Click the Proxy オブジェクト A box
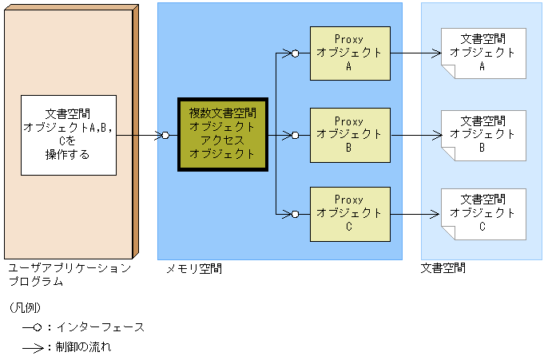pos(349,53)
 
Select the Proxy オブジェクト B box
pos(349,134)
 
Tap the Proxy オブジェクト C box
pos(349,213)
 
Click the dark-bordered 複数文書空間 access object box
pos(222,134)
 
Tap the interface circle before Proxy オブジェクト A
pos(295,54)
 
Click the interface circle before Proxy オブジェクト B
pos(295,135)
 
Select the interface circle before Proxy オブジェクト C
pos(295,214)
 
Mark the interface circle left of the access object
pos(165,135)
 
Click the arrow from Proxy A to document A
pos(415,54)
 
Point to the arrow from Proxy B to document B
pos(415,135)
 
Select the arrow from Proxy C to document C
pos(415,214)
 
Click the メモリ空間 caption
pos(193,269)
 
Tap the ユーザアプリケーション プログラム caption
pos(69,275)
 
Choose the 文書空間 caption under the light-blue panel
pos(443,269)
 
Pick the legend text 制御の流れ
pos(83,347)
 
